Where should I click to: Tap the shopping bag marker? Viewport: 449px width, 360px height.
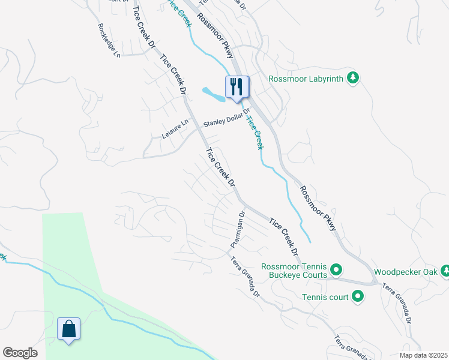point(68,329)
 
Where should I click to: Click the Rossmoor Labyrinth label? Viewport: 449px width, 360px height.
point(305,78)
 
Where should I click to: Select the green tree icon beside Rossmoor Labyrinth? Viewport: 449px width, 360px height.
point(354,77)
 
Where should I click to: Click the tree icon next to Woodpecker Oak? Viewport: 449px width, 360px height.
point(444,271)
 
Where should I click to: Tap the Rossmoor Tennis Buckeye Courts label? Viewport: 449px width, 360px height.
point(294,271)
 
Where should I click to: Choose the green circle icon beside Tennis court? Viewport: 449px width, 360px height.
point(357,295)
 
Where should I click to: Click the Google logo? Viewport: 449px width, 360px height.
point(20,353)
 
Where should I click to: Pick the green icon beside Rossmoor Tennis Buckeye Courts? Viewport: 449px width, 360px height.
point(336,271)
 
